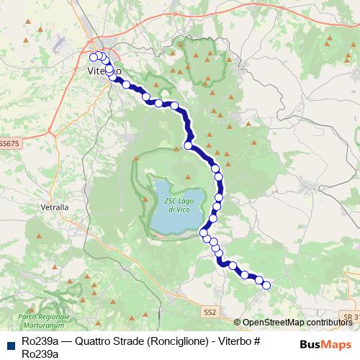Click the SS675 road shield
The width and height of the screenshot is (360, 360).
9,143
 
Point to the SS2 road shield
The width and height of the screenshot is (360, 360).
210,312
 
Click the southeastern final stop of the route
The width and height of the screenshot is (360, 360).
266,285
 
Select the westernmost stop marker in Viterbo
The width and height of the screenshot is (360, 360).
93,58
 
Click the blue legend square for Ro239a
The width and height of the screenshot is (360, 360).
11,345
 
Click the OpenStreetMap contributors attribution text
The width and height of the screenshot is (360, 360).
297,323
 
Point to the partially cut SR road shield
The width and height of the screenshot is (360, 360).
351,317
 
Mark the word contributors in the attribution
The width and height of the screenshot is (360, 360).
329,323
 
